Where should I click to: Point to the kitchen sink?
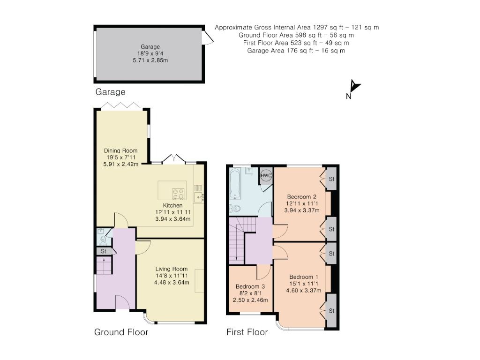point(199,197)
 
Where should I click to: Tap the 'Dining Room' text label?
point(121,151)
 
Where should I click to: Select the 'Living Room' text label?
point(172,269)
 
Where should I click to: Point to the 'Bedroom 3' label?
point(250,286)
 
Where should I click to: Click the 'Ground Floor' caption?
point(121,332)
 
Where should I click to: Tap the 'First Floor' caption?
point(247,332)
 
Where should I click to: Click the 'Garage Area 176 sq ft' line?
point(296,51)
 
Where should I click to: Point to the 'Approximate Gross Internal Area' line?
point(297,28)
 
